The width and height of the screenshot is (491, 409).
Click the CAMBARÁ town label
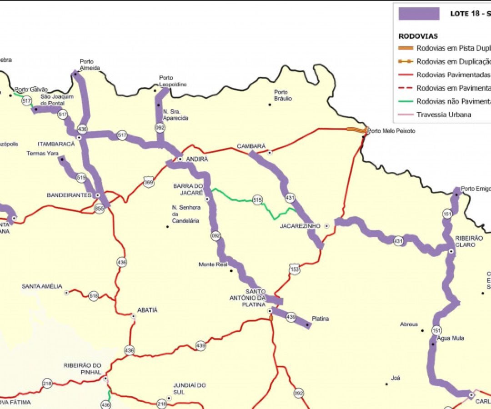pos(251,146)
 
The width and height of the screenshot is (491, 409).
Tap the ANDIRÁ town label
pos(197,159)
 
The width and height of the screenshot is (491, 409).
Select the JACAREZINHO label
pos(300,226)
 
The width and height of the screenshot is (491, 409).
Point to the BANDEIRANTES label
pos(70,195)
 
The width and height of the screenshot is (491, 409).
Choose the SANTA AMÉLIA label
pos(42,286)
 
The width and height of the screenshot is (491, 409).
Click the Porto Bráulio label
pos(283,95)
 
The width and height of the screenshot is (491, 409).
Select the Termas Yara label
pos(43,153)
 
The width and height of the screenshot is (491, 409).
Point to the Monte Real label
pos(213,264)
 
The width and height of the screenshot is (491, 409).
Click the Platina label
pos(321,319)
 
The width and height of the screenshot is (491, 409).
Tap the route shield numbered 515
pos(257,200)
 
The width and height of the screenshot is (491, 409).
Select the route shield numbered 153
pos(295,269)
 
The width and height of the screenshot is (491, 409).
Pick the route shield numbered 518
pos(94,295)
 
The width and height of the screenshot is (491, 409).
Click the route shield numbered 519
pos(81,178)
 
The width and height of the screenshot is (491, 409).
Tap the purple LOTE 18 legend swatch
pos(419,14)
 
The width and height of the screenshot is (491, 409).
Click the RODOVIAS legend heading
pos(418,36)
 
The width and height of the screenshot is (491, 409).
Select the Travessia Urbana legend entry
pos(444,115)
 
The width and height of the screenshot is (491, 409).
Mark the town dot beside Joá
pos(387,384)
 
